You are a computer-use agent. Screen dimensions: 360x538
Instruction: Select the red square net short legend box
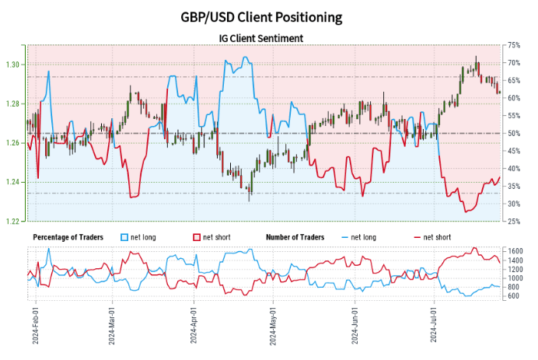tap(196, 236)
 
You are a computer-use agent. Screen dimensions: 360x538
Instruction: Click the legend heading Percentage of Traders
tap(72, 236)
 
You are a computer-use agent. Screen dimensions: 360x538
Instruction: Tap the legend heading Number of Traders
tap(295, 236)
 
